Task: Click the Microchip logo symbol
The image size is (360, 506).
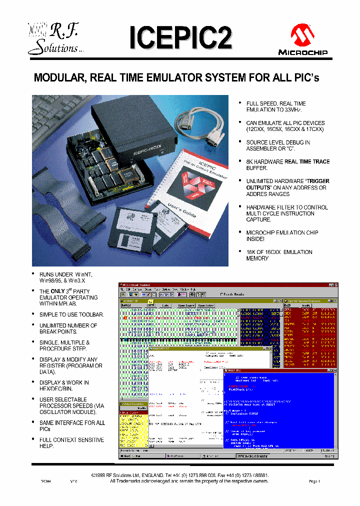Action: point(302,36)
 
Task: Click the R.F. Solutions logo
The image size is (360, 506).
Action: point(52,39)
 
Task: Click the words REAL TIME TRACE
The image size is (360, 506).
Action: point(307,161)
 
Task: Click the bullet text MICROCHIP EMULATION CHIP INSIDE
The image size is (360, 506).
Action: point(282,236)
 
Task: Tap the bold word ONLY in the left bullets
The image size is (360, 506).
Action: point(58,291)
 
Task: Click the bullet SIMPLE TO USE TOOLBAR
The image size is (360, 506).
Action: point(71,314)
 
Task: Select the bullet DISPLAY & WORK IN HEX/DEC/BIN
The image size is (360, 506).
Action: point(64,385)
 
